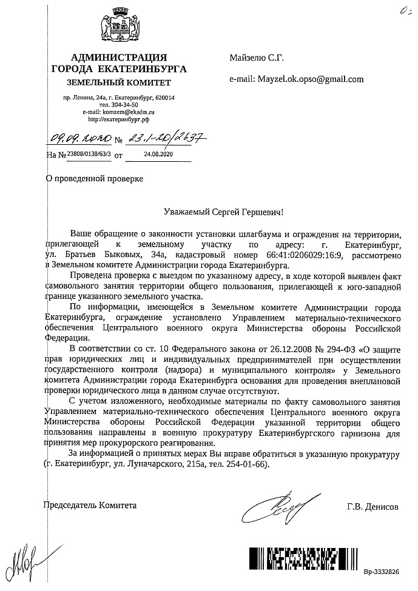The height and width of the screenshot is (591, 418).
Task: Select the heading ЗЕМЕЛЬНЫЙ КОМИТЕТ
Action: [x=119, y=82]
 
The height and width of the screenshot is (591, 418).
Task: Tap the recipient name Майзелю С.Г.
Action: [x=257, y=58]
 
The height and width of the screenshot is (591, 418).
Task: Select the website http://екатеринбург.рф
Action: [x=119, y=120]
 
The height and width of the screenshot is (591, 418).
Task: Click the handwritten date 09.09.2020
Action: [x=78, y=139]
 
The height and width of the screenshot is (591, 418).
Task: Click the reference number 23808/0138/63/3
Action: [x=89, y=155]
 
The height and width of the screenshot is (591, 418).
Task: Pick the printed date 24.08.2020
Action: [x=160, y=155]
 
